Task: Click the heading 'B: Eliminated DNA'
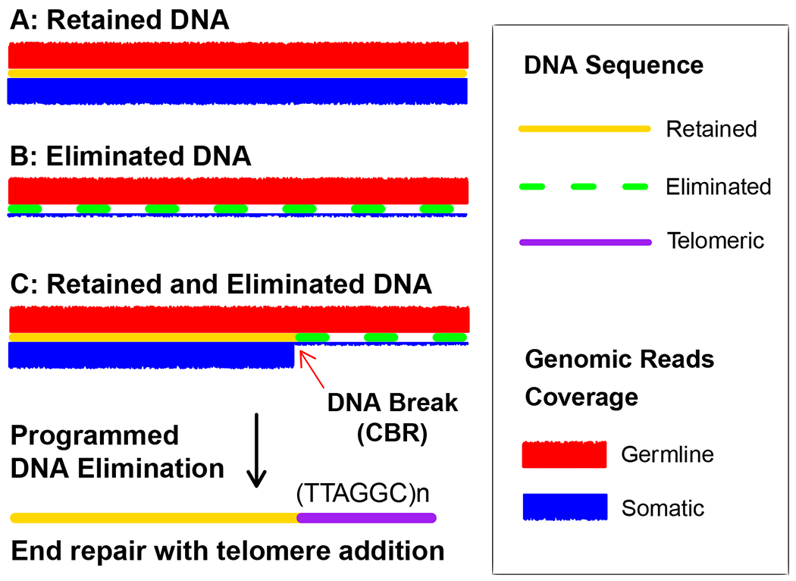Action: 130,156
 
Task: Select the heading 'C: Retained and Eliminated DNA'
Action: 220,285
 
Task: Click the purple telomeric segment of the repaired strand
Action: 366,518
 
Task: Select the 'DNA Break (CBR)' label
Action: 392,416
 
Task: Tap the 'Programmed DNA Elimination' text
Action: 117,451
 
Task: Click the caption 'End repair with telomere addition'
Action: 227,551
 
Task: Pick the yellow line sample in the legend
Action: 584,128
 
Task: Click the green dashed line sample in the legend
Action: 584,186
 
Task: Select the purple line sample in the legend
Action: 584,242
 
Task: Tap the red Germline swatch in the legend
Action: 564,454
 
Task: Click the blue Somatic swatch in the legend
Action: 564,507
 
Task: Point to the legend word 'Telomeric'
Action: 716,242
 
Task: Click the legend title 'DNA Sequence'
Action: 613,66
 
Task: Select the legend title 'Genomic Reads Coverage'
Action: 619,377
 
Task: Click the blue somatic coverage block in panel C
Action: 151,355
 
